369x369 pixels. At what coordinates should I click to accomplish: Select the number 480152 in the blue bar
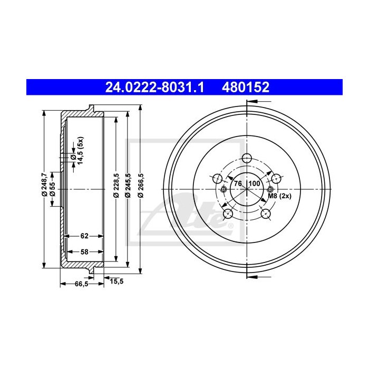pos(247,86)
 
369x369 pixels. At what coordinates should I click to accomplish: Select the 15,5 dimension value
pos(116,281)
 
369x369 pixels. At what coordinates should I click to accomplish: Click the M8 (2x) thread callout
pos(279,197)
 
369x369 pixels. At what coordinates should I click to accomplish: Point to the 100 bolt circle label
pos(255,183)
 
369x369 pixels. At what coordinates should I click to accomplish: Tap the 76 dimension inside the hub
pos(238,183)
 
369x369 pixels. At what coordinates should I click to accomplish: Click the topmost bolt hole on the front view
pos(246,158)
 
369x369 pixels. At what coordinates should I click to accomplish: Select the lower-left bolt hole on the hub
pos(228,213)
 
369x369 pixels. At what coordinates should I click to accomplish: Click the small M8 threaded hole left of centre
pos(224,189)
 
